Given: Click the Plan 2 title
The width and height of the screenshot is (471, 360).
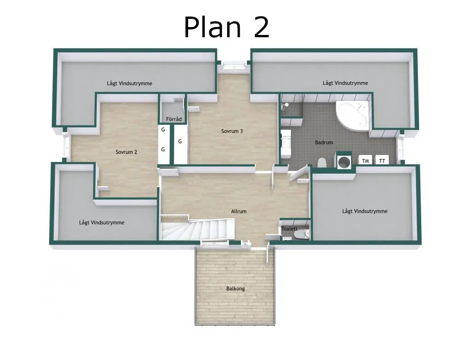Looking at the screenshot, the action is pyautogui.click(x=226, y=27).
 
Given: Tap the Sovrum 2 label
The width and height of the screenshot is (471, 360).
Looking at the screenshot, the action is pyautogui.click(x=126, y=152).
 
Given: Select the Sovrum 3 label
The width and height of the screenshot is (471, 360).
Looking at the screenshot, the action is pyautogui.click(x=232, y=131).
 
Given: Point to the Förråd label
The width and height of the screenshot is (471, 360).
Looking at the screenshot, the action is pyautogui.click(x=173, y=119).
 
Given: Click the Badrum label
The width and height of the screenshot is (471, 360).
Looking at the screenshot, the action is pyautogui.click(x=324, y=143).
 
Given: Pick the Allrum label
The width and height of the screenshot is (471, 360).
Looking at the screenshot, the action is pyautogui.click(x=239, y=211).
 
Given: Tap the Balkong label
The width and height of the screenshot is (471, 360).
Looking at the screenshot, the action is pyautogui.click(x=235, y=289).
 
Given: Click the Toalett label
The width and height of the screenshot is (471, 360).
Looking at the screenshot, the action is pyautogui.click(x=289, y=229).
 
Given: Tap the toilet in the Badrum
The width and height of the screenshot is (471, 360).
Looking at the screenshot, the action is pyautogui.click(x=322, y=162).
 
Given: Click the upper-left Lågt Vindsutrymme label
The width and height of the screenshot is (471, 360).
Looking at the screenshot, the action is pyautogui.click(x=129, y=83).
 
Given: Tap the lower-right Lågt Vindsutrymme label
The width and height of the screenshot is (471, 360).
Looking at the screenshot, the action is pyautogui.click(x=365, y=211).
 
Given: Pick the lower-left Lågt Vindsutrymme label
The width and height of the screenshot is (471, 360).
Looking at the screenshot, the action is pyautogui.click(x=102, y=223).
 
